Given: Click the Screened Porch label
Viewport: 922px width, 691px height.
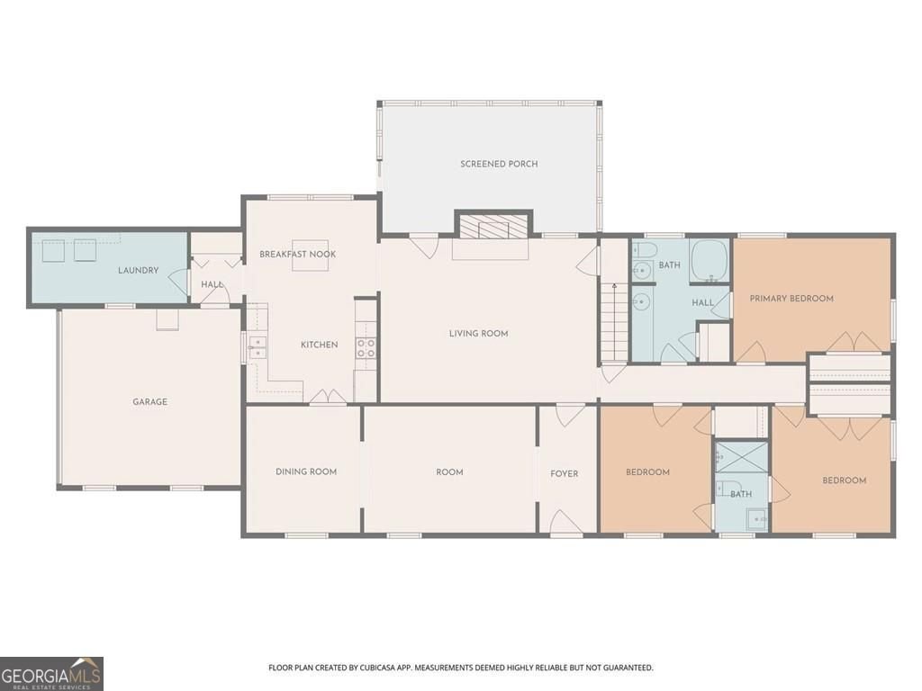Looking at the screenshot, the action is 499,164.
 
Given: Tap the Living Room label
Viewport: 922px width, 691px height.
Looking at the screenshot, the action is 478,333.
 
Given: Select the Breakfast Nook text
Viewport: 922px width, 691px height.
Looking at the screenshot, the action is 297,254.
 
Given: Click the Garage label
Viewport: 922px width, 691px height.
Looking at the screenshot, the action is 150,402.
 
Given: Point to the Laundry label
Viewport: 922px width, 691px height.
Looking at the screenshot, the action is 138,270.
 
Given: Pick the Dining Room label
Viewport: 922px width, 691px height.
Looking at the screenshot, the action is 306,471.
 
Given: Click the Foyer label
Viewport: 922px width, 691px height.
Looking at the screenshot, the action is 564,473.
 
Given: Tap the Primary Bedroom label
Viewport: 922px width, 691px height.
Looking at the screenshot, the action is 791,299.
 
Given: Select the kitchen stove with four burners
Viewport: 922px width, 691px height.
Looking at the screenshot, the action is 366,348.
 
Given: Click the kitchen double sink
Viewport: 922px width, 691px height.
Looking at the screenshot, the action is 257,347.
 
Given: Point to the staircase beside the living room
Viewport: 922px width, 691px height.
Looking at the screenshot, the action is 614,321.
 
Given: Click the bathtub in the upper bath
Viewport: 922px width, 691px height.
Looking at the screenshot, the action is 710,261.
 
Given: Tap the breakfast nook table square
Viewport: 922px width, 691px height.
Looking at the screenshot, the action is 310,256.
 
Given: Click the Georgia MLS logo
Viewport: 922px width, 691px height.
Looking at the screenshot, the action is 51,674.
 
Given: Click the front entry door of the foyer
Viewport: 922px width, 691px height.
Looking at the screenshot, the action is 565,523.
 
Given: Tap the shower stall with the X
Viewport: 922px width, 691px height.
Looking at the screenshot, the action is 741,457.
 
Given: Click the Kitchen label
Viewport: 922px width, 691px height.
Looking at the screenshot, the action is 320,345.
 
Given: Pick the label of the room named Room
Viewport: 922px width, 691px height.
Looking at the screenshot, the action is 449,471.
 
